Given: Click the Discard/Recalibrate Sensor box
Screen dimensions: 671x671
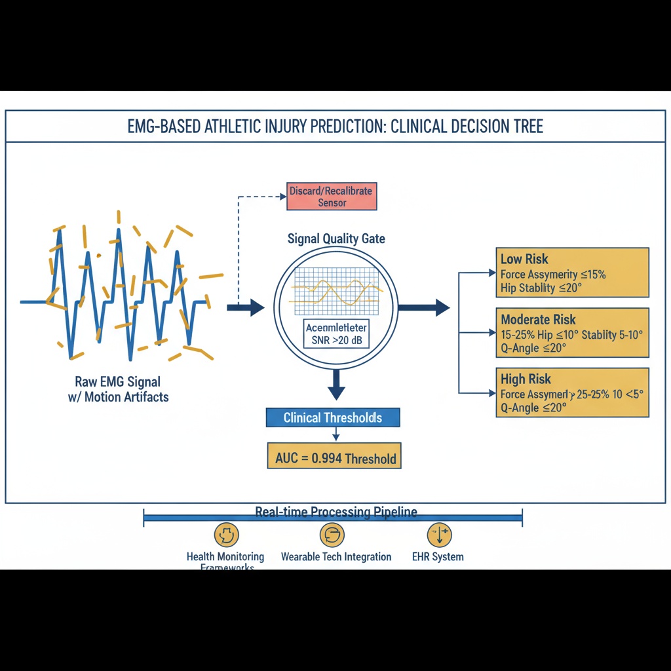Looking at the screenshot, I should click(332, 197).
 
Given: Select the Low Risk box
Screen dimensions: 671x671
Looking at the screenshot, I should click(572, 273).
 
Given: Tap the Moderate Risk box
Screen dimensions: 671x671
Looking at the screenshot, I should click(572, 333).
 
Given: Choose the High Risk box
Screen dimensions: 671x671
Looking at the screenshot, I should click(572, 393).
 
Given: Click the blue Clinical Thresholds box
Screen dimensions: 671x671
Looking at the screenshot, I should click(332, 417).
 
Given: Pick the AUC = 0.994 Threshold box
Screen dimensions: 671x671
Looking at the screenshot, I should click(335, 457).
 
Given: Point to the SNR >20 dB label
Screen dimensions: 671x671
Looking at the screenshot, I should click(335, 340).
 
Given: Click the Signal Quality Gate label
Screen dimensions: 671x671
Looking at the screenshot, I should click(336, 239).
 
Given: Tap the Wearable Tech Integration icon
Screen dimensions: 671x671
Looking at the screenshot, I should click(332, 535).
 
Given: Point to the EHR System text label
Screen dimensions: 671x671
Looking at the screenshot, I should click(438, 557).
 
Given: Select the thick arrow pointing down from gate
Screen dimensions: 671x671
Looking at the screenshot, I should click(336, 385).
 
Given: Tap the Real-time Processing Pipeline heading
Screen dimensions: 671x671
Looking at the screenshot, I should click(335, 512).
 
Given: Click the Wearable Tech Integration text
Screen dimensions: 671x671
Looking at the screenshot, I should click(335, 557).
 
